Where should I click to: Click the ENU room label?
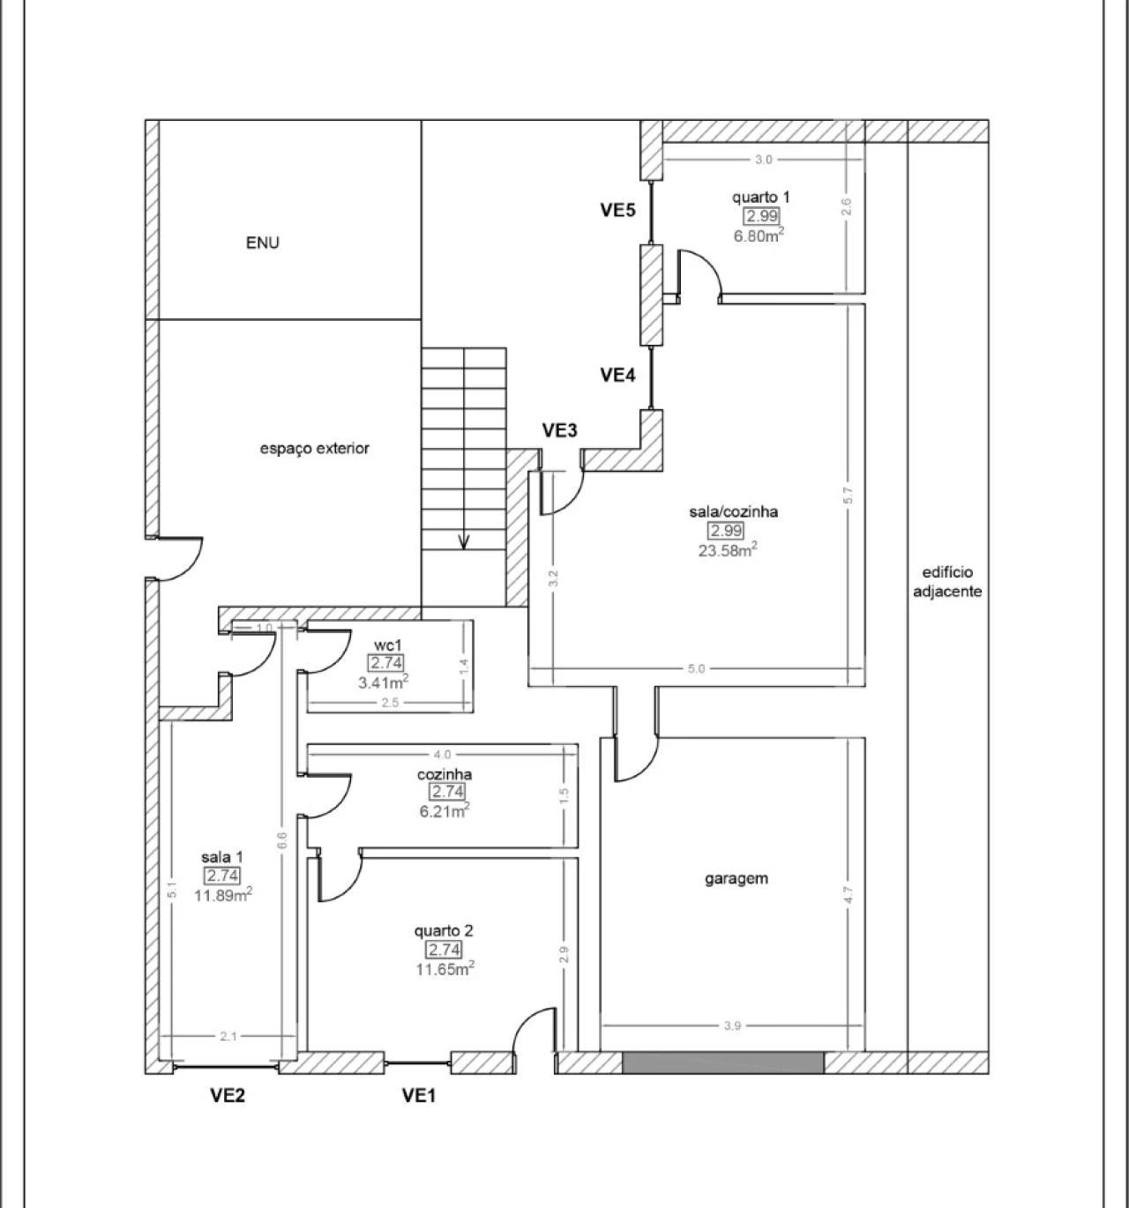[262, 242]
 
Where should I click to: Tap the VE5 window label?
[617, 210]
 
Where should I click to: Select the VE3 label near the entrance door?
[560, 430]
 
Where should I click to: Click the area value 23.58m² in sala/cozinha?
[728, 550]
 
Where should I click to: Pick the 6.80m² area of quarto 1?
[759, 235]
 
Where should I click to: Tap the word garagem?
[736, 879]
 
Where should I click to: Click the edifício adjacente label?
[947, 581]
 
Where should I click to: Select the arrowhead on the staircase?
[464, 541]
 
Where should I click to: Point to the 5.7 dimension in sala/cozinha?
[849, 496]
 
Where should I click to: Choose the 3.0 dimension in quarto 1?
[763, 160]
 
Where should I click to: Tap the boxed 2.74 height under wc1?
[385, 663]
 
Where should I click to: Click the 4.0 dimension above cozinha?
[442, 755]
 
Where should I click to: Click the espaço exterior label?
[315, 448]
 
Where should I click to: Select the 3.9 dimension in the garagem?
[732, 1025]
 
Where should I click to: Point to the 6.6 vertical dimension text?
[281, 841]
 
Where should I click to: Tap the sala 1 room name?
[222, 857]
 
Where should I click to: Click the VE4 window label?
[617, 376]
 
